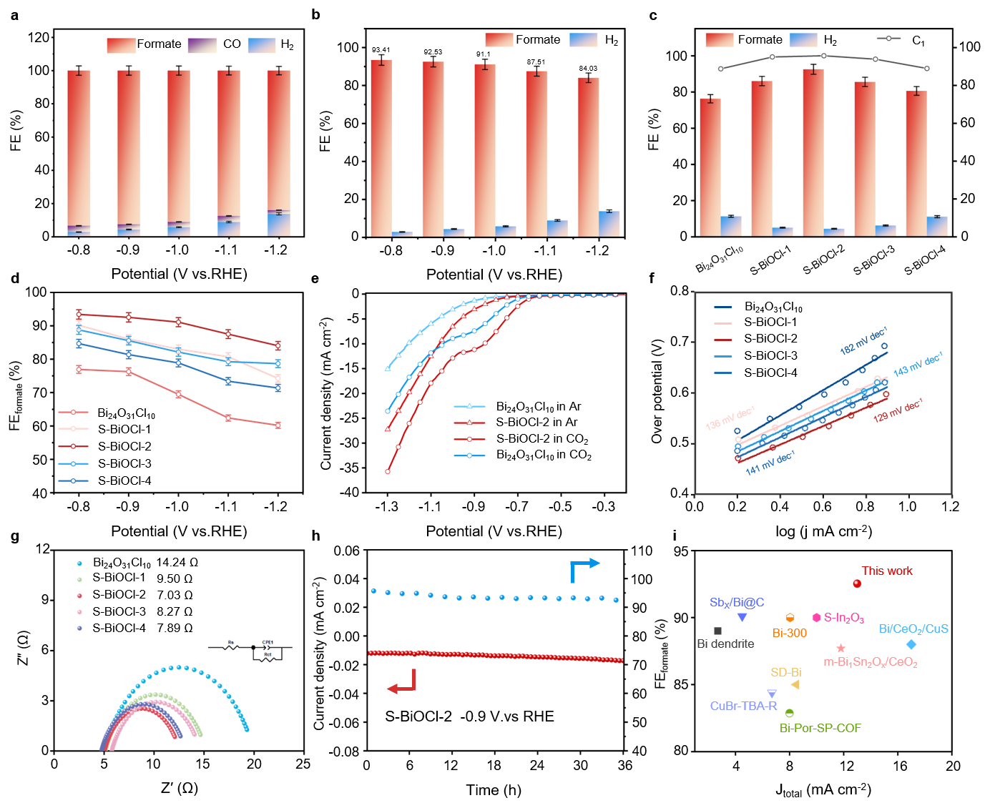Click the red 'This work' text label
[x=886, y=571]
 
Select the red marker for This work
[x=857, y=583]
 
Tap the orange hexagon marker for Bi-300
[x=790, y=618]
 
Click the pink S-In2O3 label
[x=843, y=618]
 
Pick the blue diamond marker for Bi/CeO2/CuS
[x=911, y=644]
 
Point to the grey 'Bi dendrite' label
[x=725, y=644]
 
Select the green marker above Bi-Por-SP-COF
[x=789, y=713]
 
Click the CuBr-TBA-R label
[x=743, y=706]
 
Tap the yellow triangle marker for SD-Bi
[x=795, y=685]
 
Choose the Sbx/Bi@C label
[x=737, y=602]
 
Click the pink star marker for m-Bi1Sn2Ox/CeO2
[x=840, y=649]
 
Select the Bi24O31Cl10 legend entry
[x=773, y=307]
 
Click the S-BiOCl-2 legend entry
[x=770, y=339]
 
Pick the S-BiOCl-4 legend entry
[x=770, y=373]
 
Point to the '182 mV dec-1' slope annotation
[x=863, y=341]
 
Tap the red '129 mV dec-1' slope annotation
[x=898, y=411]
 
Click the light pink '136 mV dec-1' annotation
[x=730, y=418]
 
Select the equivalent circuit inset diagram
[x=253, y=650]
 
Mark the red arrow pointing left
[x=401, y=682]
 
